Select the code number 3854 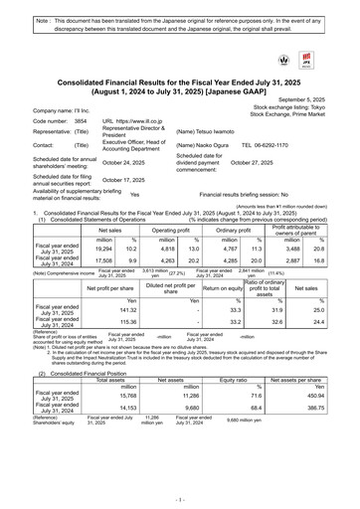point(81,118)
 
